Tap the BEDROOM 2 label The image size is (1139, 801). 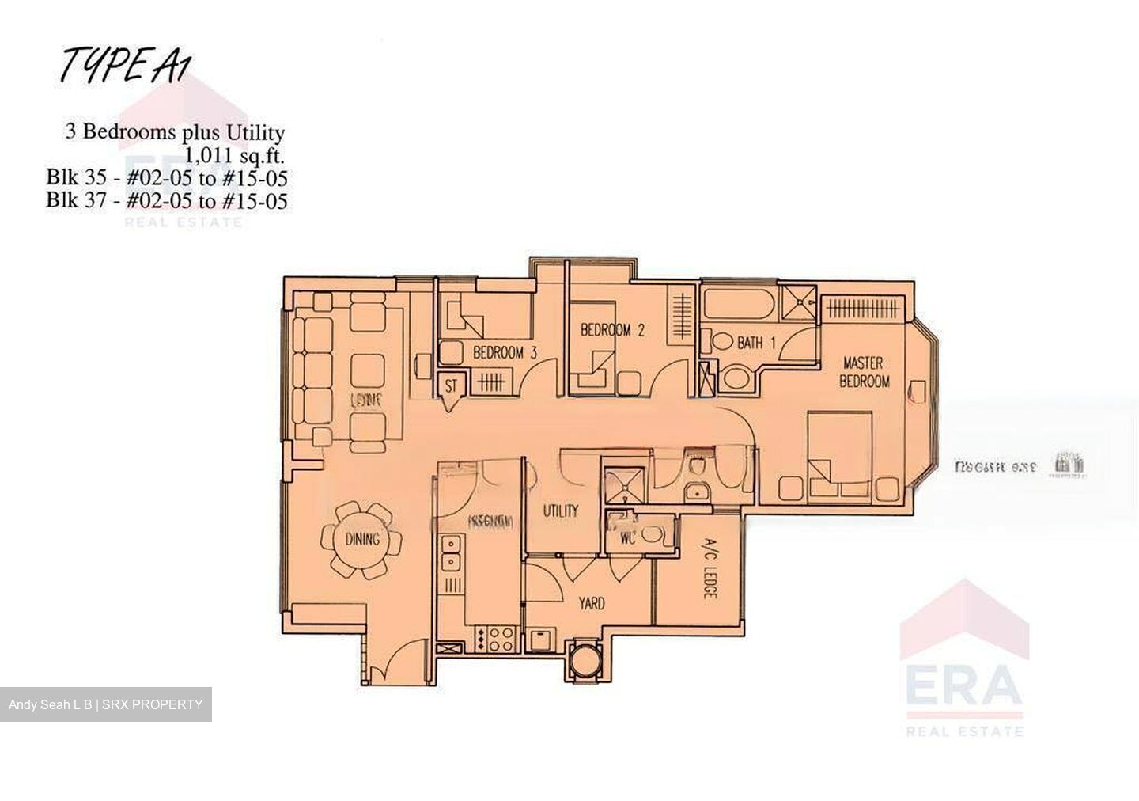pyautogui.click(x=612, y=330)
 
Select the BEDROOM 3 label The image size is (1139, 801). pyautogui.click(x=505, y=353)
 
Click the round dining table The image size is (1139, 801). pyautogui.click(x=361, y=541)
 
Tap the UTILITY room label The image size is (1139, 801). pyautogui.click(x=560, y=511)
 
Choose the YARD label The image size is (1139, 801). pyautogui.click(x=591, y=603)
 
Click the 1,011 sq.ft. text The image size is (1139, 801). pyautogui.click(x=234, y=155)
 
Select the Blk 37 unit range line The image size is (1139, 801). pyautogui.click(x=166, y=200)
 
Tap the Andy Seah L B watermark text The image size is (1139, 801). pyautogui.click(x=105, y=704)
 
